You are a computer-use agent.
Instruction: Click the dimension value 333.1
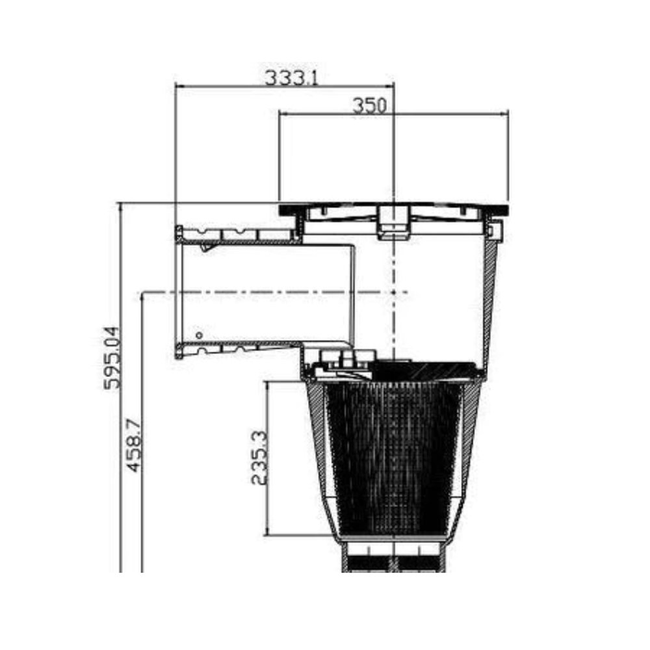(291, 78)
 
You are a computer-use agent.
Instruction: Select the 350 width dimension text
(369, 105)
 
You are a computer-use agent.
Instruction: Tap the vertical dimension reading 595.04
(112, 357)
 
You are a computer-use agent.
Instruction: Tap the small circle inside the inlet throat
(199, 335)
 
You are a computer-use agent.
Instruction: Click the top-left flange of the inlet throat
(179, 235)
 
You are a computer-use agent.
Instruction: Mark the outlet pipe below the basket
(393, 559)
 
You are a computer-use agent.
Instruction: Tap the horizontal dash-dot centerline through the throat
(273, 292)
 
